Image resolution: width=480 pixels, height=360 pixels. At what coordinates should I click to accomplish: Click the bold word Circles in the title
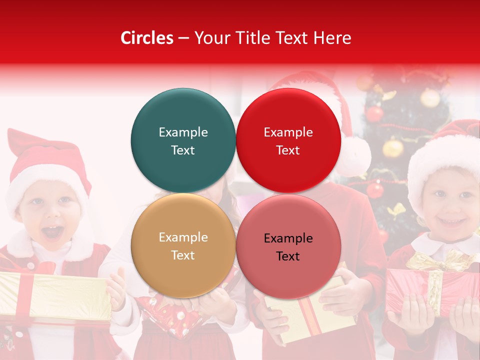[147, 38]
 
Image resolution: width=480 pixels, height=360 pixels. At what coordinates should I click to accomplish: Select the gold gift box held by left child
[55, 297]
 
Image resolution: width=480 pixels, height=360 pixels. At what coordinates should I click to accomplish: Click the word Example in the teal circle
[183, 132]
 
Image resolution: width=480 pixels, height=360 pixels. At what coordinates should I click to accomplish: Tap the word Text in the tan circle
[183, 255]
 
